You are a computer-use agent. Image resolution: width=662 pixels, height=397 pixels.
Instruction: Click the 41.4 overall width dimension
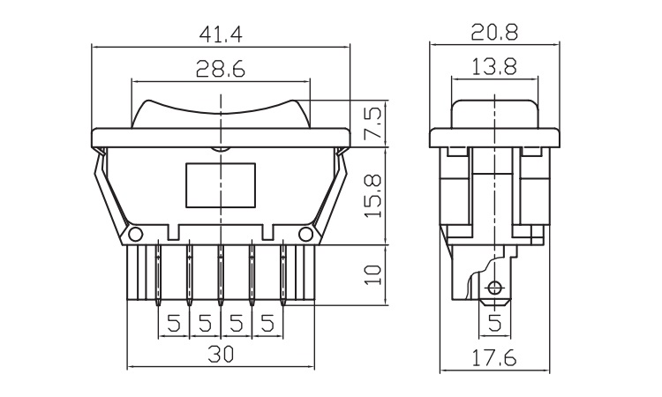221,34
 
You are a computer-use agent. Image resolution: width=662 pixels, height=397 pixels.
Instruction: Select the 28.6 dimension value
221,69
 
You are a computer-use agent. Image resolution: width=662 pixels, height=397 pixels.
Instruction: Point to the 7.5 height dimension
374,124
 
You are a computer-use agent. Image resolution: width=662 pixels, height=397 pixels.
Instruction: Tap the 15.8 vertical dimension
374,196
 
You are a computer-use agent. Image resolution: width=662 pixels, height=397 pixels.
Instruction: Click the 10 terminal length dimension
374,275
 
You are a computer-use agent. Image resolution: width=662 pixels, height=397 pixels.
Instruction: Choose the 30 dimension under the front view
221,355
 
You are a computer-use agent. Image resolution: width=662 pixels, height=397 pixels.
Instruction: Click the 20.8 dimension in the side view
494,33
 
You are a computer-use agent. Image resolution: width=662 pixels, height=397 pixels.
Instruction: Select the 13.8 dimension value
494,67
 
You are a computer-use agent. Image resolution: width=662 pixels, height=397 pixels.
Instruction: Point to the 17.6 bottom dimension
494,358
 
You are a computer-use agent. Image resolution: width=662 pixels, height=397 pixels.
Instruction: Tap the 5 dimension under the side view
494,324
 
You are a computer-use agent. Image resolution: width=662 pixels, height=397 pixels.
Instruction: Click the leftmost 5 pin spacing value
174,324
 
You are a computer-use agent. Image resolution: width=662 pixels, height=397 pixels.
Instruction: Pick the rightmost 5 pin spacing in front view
267,324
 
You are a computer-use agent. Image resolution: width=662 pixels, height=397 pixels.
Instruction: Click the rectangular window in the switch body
221,185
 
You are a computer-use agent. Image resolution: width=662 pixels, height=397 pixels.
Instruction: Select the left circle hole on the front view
136,234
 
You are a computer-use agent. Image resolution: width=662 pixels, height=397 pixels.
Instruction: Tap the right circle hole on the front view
305,234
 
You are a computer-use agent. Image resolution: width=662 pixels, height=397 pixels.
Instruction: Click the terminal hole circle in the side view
494,288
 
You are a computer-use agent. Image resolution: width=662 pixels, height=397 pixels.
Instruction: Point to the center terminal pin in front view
221,273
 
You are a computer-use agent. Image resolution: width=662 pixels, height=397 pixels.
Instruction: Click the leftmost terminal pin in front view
158,273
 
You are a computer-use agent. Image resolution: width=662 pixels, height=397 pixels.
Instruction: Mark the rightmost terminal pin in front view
282,273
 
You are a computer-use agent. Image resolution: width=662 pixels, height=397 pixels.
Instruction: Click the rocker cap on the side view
494,114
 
